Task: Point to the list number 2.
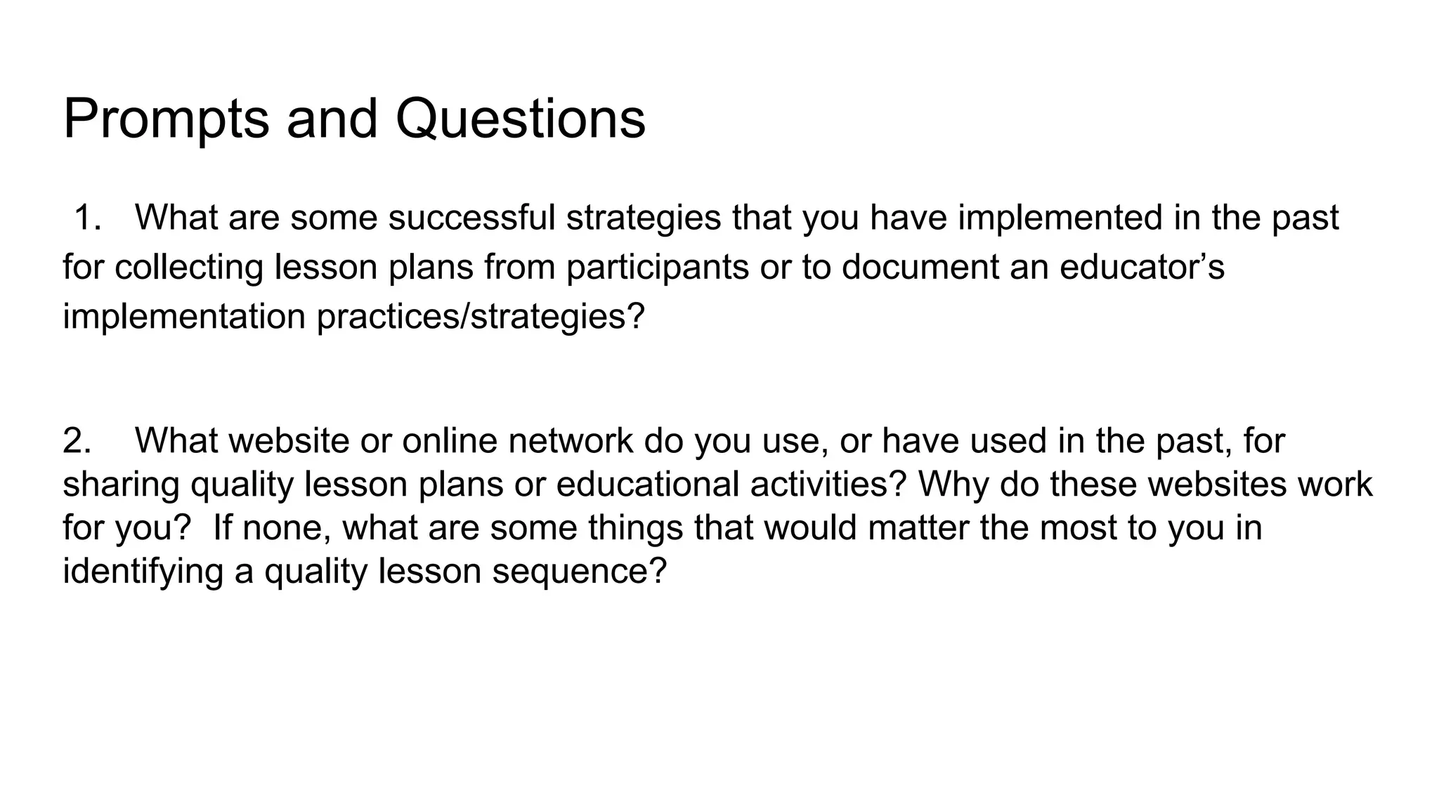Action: pos(77,441)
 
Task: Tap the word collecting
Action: pos(188,268)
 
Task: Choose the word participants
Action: pos(658,268)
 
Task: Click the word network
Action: pos(571,441)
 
